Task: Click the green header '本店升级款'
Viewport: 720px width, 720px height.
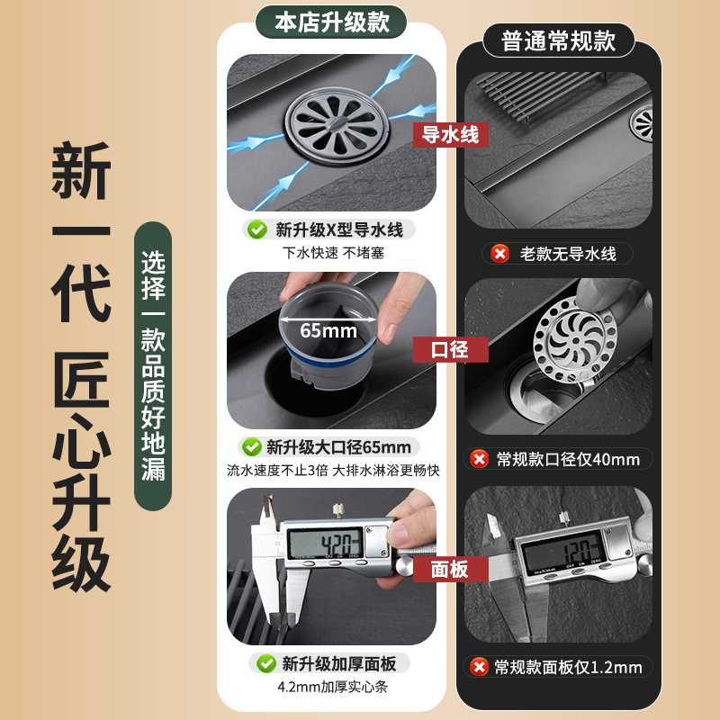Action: [331, 22]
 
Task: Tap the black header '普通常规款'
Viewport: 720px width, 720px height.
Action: [558, 40]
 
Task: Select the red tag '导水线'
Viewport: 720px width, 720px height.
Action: [451, 135]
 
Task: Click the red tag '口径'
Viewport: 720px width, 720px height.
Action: [451, 349]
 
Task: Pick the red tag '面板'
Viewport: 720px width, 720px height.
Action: [451, 570]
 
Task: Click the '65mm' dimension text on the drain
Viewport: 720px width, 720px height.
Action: [328, 330]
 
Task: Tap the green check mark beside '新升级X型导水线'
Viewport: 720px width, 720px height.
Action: [257, 229]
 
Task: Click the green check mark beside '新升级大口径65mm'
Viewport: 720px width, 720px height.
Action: [252, 446]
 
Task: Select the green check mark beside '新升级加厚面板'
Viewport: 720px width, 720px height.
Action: [266, 663]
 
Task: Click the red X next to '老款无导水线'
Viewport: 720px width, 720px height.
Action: [500, 254]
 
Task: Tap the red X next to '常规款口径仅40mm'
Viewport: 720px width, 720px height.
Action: [480, 459]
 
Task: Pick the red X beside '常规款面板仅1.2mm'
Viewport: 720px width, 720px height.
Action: [480, 667]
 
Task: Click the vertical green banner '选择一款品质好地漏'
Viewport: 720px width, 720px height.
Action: [153, 366]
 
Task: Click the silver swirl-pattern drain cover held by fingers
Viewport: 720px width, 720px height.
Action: [575, 340]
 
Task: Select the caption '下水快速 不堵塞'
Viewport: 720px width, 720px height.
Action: [333, 253]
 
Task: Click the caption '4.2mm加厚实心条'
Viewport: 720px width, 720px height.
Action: [332, 687]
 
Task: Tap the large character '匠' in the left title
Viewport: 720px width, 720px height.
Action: [81, 379]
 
